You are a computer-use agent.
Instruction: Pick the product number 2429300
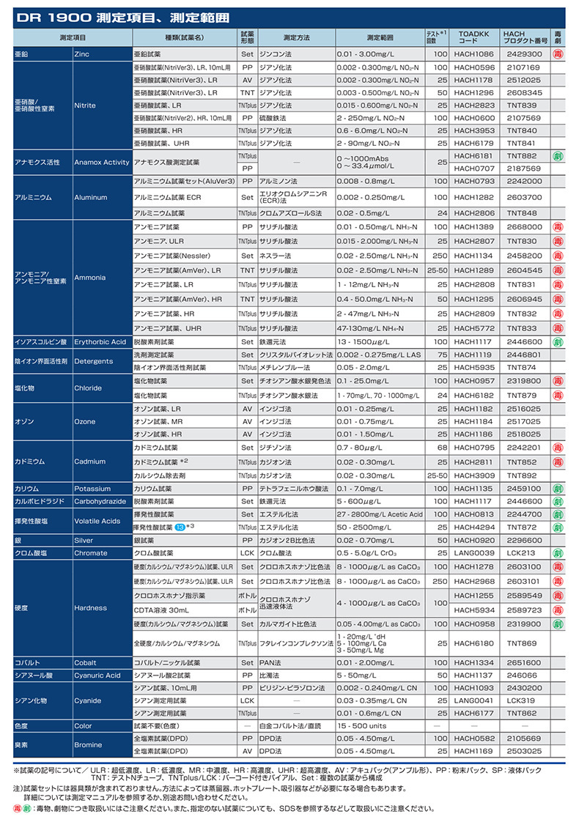click(525, 54)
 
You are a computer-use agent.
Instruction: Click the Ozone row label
click(84, 422)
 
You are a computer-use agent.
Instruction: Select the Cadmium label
click(89, 462)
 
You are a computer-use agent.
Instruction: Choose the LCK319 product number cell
click(522, 700)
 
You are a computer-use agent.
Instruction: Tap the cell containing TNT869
click(522, 643)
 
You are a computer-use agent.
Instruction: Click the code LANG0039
click(473, 553)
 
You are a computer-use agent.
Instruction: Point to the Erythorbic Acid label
click(100, 341)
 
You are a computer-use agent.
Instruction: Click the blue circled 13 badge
click(180, 527)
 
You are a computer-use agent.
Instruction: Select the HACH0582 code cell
click(473, 738)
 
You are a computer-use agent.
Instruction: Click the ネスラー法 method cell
click(276, 256)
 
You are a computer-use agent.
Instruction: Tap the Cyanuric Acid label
click(97, 675)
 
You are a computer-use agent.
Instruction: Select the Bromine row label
click(88, 744)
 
